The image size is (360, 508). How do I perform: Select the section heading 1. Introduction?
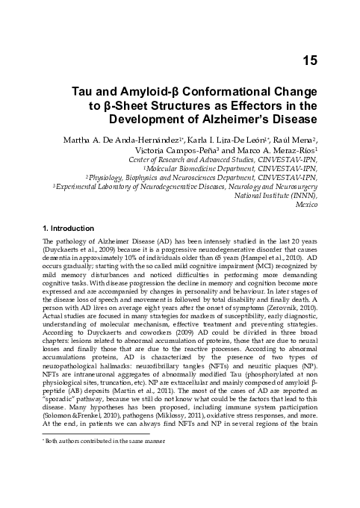(x=68, y=228)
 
